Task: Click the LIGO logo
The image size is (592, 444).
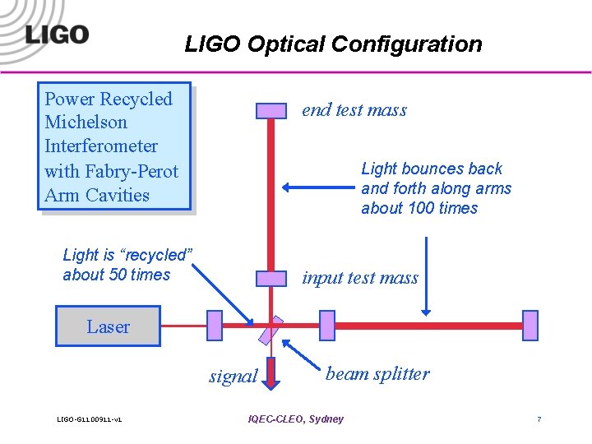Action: coord(56,35)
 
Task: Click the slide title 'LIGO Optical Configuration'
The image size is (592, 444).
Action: coord(333,44)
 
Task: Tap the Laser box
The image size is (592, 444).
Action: coord(108,326)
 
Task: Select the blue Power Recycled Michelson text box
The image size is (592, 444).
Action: coord(116,146)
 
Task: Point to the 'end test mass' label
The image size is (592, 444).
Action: coord(354,110)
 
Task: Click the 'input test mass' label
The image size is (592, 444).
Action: coord(359,278)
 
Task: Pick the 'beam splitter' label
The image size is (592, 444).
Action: coord(377,374)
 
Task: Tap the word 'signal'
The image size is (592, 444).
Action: coord(233,377)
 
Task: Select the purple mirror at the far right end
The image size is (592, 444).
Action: coord(530,326)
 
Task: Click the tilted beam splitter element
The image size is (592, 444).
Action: coord(271,330)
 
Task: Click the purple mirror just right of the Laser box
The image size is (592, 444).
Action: coord(215,326)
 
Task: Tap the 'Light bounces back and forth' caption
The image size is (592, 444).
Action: coord(436,188)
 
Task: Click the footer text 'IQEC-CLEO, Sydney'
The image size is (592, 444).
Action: coord(295,419)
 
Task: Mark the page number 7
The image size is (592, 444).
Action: coord(539,419)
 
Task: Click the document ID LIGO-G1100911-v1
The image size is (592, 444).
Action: coord(90,420)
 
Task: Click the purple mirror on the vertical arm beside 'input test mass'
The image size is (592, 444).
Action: coord(271,279)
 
